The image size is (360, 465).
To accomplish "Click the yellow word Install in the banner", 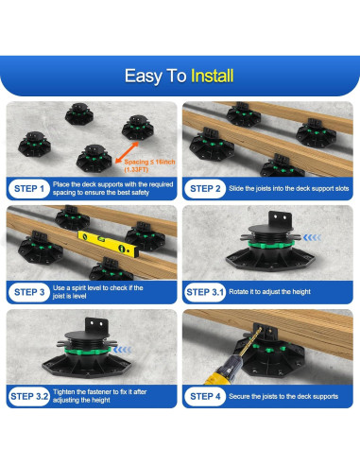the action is coord(213,76).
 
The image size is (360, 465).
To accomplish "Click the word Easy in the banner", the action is coord(144,77).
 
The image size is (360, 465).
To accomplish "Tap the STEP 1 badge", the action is coord(29,189).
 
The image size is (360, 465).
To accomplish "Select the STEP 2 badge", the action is coord(205,189).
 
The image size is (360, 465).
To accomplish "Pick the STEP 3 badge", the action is coord(29,292).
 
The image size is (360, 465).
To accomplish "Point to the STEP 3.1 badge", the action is coord(205,292).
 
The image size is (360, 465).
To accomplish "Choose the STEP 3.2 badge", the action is coord(29,396).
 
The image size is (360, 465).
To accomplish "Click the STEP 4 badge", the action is coord(205,396).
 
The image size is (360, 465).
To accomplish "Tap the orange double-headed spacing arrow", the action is coord(127,152).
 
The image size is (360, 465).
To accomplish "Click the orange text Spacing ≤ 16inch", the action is coord(149,162).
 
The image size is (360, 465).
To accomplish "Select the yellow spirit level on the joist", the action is coord(108,244).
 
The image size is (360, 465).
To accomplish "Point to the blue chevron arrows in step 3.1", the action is coord(312,237).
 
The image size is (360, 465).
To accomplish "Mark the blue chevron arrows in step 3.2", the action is coord(122,350).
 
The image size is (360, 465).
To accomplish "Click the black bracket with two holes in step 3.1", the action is coord(280,218).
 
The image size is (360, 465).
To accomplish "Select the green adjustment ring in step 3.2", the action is coord(88,351).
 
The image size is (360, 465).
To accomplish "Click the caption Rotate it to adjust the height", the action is coord(269,292).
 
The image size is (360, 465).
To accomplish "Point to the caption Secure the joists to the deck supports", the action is coord(283,396).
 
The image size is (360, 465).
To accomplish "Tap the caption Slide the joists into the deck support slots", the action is coord(289,189).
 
